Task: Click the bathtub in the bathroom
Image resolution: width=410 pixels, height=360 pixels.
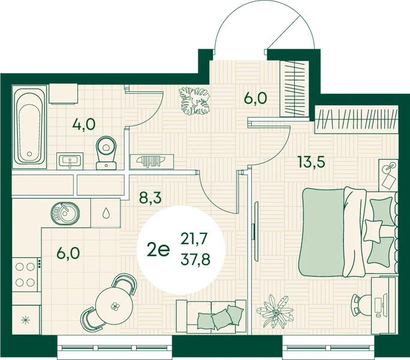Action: tap(29, 126)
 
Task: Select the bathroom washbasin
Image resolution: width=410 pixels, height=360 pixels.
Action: tap(70, 161)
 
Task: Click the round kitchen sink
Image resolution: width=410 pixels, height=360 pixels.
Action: tap(65, 213)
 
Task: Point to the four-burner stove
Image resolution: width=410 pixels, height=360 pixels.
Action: tap(25, 274)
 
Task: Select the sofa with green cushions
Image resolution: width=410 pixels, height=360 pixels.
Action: tap(211, 317)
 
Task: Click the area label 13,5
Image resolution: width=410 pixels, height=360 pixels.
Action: tap(311, 162)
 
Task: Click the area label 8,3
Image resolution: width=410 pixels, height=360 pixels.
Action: tap(150, 197)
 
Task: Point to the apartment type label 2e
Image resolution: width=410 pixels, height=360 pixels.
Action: tap(158, 250)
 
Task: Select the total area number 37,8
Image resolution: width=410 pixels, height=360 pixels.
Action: tap(195, 260)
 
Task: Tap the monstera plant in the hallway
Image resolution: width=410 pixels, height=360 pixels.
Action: tap(195, 101)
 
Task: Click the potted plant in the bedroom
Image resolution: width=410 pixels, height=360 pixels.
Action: tap(276, 311)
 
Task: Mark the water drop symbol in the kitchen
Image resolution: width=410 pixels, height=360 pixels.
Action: tap(106, 213)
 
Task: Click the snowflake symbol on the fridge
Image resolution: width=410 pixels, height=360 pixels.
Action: tap(25, 320)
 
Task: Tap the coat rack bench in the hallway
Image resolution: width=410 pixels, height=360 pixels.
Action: tap(152, 161)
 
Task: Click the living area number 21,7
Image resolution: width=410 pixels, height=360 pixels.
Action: tap(194, 239)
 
